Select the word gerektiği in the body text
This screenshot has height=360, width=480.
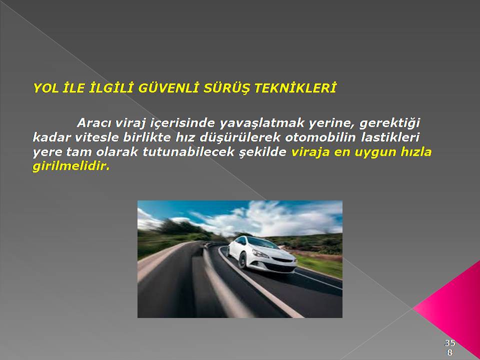click(389, 123)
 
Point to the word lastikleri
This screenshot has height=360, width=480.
click(390, 137)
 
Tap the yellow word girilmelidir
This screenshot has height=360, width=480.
click(70, 167)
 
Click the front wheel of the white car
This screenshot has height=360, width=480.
click(243, 260)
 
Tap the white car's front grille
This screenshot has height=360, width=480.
click(282, 260)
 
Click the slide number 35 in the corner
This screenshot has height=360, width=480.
click(450, 342)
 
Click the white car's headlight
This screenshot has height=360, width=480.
click(260, 254)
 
